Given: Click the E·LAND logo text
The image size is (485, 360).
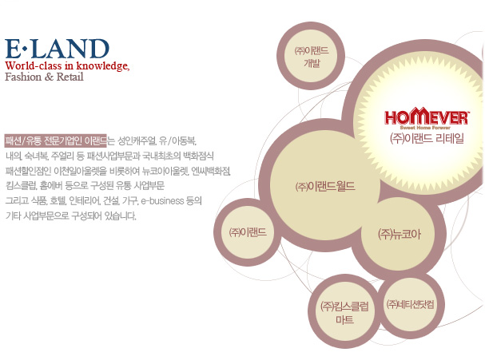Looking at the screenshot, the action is pyautogui.click(x=58, y=49).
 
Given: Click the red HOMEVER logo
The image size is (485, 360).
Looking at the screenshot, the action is pyautogui.click(x=427, y=117).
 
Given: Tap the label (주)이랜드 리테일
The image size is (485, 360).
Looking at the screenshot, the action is pyautogui.click(x=427, y=138).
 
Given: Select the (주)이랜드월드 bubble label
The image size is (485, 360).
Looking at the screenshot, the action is pyautogui.click(x=325, y=186).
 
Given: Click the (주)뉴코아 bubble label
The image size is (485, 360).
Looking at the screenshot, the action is pyautogui.click(x=400, y=234).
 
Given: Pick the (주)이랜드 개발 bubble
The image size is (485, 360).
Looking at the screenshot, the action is pyautogui.click(x=311, y=56).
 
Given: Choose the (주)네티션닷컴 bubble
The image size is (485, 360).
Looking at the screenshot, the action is pyautogui.click(x=410, y=305).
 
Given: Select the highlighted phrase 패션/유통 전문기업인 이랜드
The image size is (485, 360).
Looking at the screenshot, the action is pyautogui.click(x=55, y=141).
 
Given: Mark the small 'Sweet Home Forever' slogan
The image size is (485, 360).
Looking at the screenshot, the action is pyautogui.click(x=425, y=128).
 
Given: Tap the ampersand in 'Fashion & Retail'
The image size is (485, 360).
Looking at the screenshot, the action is pyautogui.click(x=49, y=77).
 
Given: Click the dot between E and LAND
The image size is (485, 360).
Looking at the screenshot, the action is pyautogui.click(x=25, y=49).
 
